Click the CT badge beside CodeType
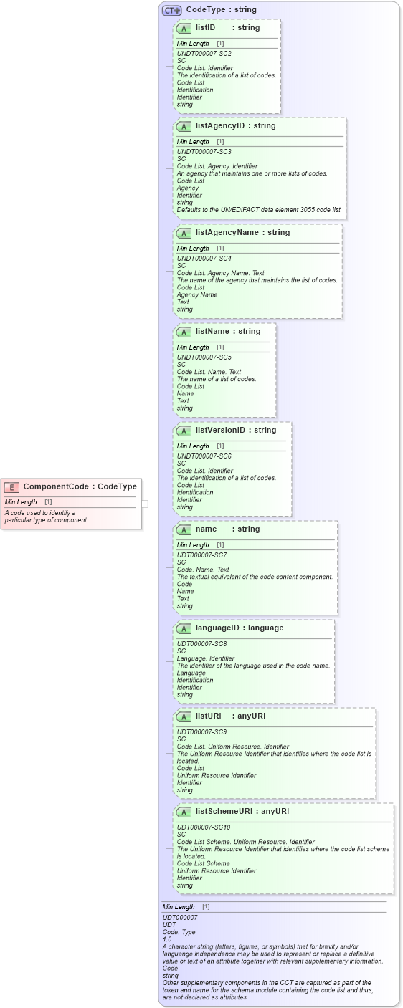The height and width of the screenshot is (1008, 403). coord(172,10)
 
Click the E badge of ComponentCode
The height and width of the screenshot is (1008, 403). coord(11,487)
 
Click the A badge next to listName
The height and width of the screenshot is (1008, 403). coord(184,332)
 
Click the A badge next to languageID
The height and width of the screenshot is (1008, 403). coord(184,628)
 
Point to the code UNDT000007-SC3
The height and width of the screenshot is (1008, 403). coord(204,152)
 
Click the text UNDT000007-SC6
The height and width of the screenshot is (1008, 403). coord(204,456)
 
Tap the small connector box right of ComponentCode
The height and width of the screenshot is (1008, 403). coord(145,504)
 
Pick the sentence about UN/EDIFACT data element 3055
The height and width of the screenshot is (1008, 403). coord(260,209)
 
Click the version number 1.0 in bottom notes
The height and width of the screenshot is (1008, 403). coord(167,939)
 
